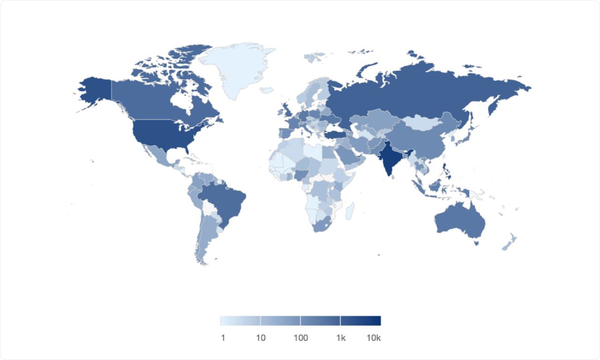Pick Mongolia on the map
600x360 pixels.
422,123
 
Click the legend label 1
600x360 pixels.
223,338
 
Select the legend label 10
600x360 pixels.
261,338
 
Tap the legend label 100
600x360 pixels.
300,338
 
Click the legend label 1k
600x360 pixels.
341,338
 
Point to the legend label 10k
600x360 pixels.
374,338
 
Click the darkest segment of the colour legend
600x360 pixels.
360,321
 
